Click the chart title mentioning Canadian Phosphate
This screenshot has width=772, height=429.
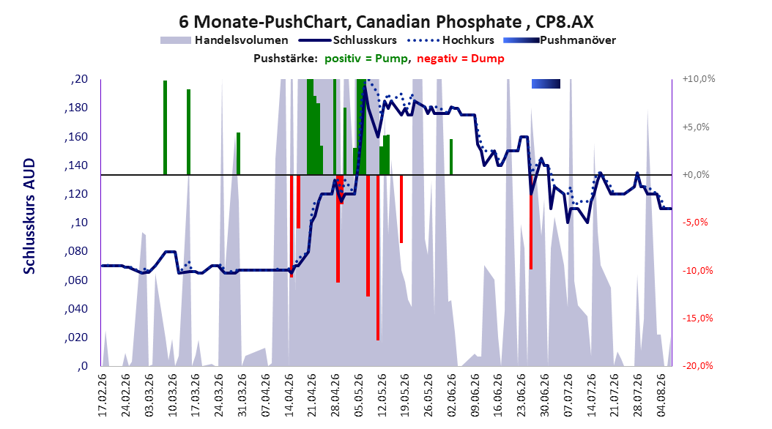click(386, 22)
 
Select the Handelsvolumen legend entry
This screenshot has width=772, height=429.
click(225, 40)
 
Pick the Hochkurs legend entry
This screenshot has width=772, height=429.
click(451, 40)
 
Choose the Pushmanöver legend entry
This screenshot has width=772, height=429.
click(560, 40)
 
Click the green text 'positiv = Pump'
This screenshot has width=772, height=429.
click(366, 59)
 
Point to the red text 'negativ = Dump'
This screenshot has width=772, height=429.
click(461, 59)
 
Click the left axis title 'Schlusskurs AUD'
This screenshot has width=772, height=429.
click(29, 216)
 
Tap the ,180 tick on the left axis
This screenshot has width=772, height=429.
click(76, 108)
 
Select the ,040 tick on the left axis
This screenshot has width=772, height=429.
click(76, 309)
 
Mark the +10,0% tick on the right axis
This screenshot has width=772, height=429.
click(699, 79)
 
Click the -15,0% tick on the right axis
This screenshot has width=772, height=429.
click(697, 318)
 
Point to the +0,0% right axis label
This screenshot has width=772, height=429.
click(696, 175)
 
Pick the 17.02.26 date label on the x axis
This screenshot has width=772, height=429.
click(103, 395)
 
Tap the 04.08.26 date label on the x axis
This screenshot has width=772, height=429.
click(661, 395)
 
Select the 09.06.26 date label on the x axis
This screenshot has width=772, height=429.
click(475, 395)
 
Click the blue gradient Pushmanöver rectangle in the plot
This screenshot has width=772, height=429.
click(546, 83)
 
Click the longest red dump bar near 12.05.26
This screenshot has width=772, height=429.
click(378, 257)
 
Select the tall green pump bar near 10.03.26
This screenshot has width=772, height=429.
click(165, 127)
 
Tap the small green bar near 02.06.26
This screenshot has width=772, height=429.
click(451, 157)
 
